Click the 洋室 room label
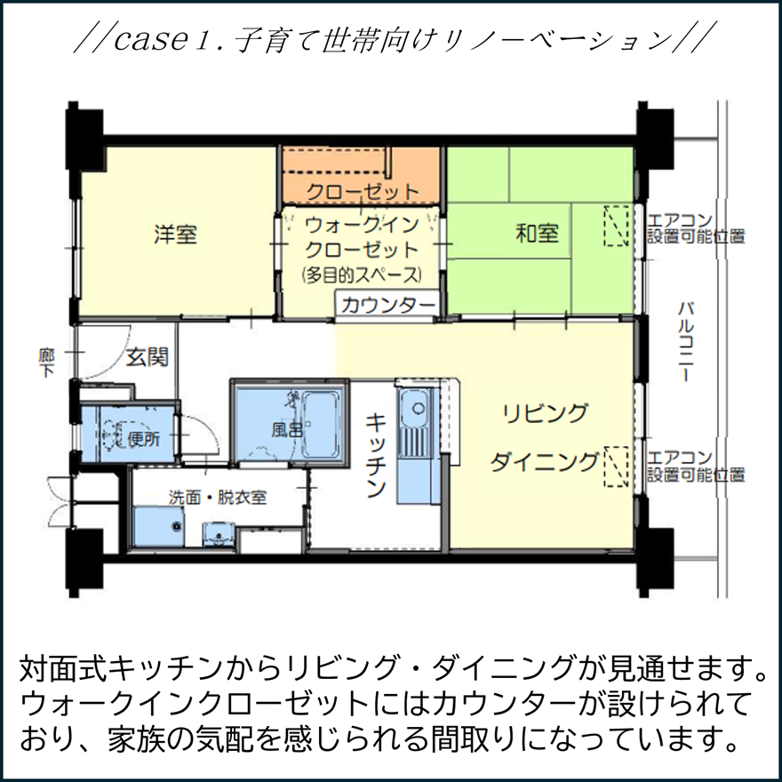click(x=175, y=235)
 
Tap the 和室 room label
click(x=537, y=234)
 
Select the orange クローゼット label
click(x=362, y=191)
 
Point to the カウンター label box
click(x=387, y=304)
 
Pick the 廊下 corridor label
click(x=46, y=362)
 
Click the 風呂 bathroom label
click(x=288, y=430)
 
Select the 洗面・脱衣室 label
click(x=219, y=498)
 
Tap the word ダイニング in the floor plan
click(x=545, y=462)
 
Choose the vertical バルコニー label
click(x=685, y=342)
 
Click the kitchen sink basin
click(x=413, y=411)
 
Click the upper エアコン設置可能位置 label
click(x=696, y=228)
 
